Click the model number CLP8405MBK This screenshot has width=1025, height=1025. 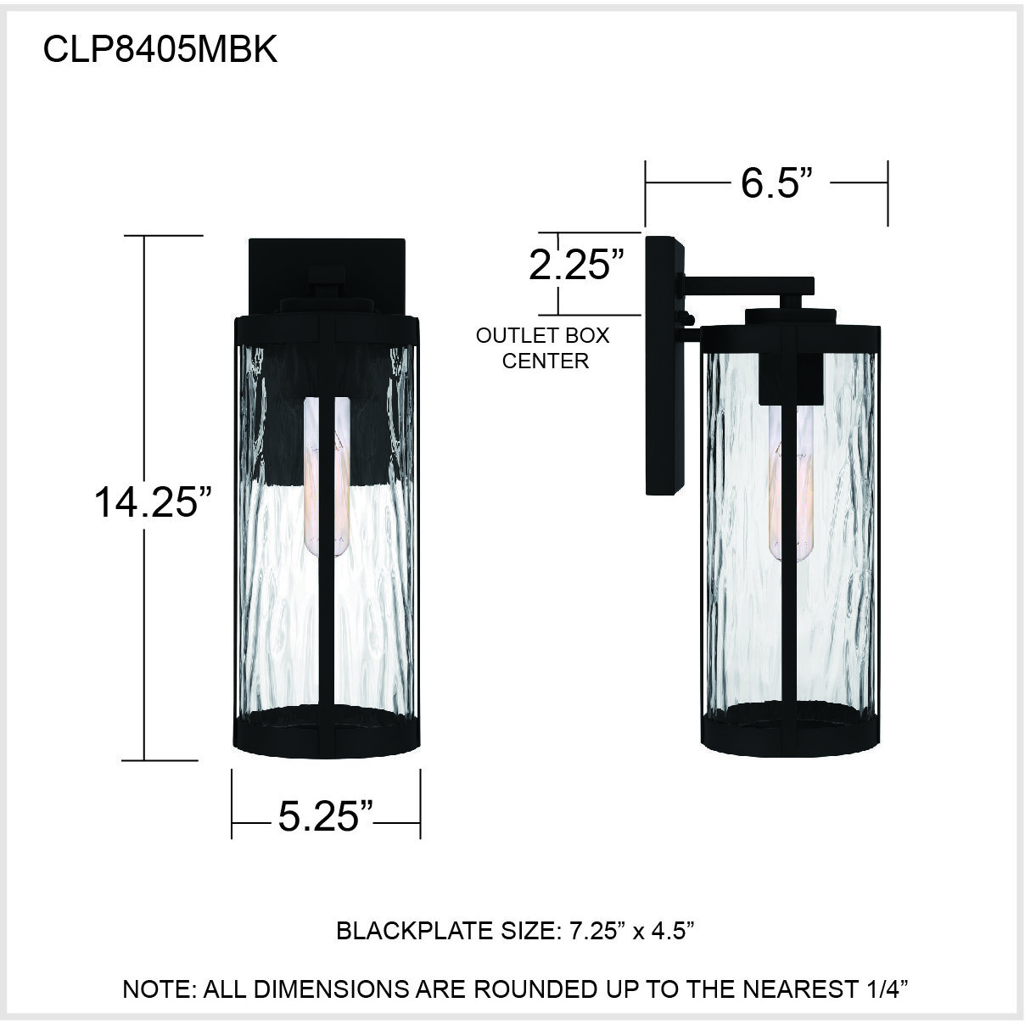point(160,49)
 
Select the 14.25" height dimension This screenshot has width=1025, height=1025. point(152,501)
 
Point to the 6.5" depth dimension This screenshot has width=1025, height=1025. point(770,182)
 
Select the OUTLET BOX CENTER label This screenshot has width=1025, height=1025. point(543,348)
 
